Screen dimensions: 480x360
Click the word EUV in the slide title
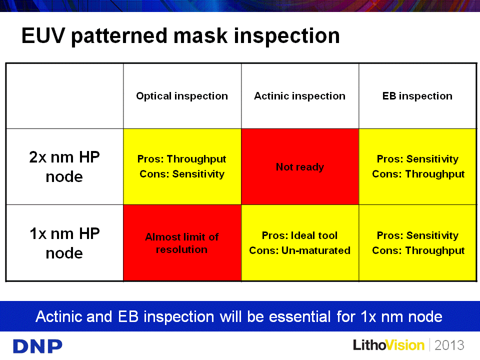[43, 35]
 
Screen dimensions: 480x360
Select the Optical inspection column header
[182, 96]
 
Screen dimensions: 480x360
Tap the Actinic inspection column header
[299, 96]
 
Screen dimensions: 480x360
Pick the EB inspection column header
[417, 96]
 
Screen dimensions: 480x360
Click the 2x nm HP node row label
[64, 167]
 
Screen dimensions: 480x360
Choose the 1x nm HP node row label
[64, 243]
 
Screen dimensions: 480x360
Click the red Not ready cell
[300, 167]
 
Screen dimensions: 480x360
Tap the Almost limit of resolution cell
[182, 243]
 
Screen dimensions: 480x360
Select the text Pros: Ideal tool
[299, 235]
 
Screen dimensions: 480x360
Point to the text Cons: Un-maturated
[299, 250]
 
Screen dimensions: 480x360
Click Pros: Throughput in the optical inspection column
[182, 159]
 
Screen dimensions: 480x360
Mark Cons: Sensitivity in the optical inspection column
[182, 174]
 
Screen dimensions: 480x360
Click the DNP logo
[37, 346]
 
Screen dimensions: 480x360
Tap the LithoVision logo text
[389, 345]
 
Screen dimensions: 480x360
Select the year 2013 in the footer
[449, 345]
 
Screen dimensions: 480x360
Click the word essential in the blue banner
[299, 316]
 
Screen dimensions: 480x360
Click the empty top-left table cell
[65, 96]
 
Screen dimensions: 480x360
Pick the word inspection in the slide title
[287, 36]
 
